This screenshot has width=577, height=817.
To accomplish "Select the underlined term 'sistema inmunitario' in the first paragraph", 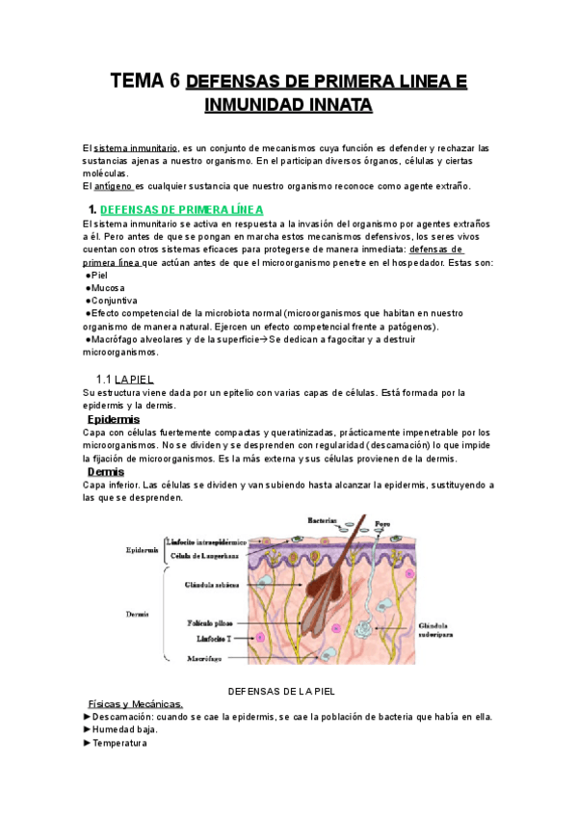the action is coord(135,148).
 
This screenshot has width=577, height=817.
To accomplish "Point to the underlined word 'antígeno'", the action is coord(114,186).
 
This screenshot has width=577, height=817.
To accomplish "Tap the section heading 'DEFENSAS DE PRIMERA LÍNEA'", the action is coord(181,209).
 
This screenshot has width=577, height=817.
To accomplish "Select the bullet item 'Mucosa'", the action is coord(107,287).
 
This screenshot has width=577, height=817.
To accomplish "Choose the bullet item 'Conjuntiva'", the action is coord(114,300).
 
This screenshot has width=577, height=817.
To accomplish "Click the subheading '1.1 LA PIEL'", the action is coord(124,380).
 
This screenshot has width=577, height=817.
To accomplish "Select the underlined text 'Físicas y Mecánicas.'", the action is coord(135,704).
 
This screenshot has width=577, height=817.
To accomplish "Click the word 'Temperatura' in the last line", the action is coord(119,743).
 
